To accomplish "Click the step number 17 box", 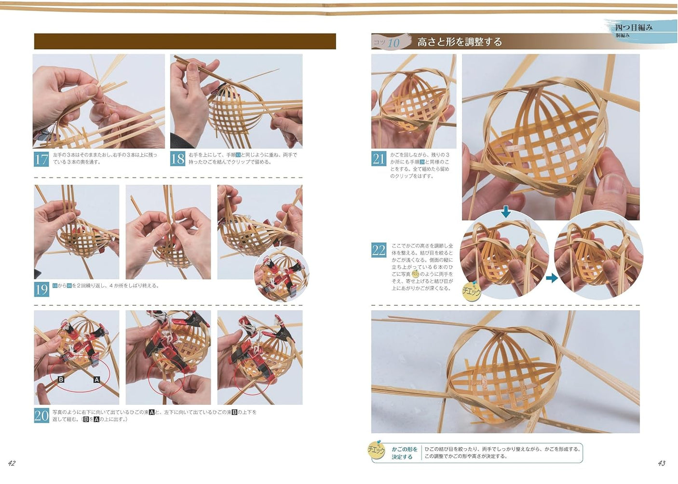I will click(41, 159).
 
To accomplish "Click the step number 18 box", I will click(177, 159).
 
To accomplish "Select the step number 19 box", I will click(41, 289).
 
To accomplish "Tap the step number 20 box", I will click(41, 416).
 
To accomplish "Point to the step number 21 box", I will click(379, 159).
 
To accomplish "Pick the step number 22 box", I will click(379, 250).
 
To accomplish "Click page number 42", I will click(12, 463).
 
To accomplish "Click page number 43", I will click(661, 463).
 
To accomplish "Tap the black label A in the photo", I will click(96, 380).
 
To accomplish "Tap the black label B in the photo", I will click(61, 380).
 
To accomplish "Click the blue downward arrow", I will click(505, 211).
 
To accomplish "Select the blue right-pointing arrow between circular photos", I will click(552, 278).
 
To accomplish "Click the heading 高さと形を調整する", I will click(459, 42).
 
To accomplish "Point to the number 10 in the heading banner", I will click(393, 43).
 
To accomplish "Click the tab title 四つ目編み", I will click(634, 27).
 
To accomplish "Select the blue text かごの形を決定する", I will click(404, 453).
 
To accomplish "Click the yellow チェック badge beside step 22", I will click(471, 291).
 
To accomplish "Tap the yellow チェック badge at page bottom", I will click(377, 451).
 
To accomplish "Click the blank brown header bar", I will click(185, 41).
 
